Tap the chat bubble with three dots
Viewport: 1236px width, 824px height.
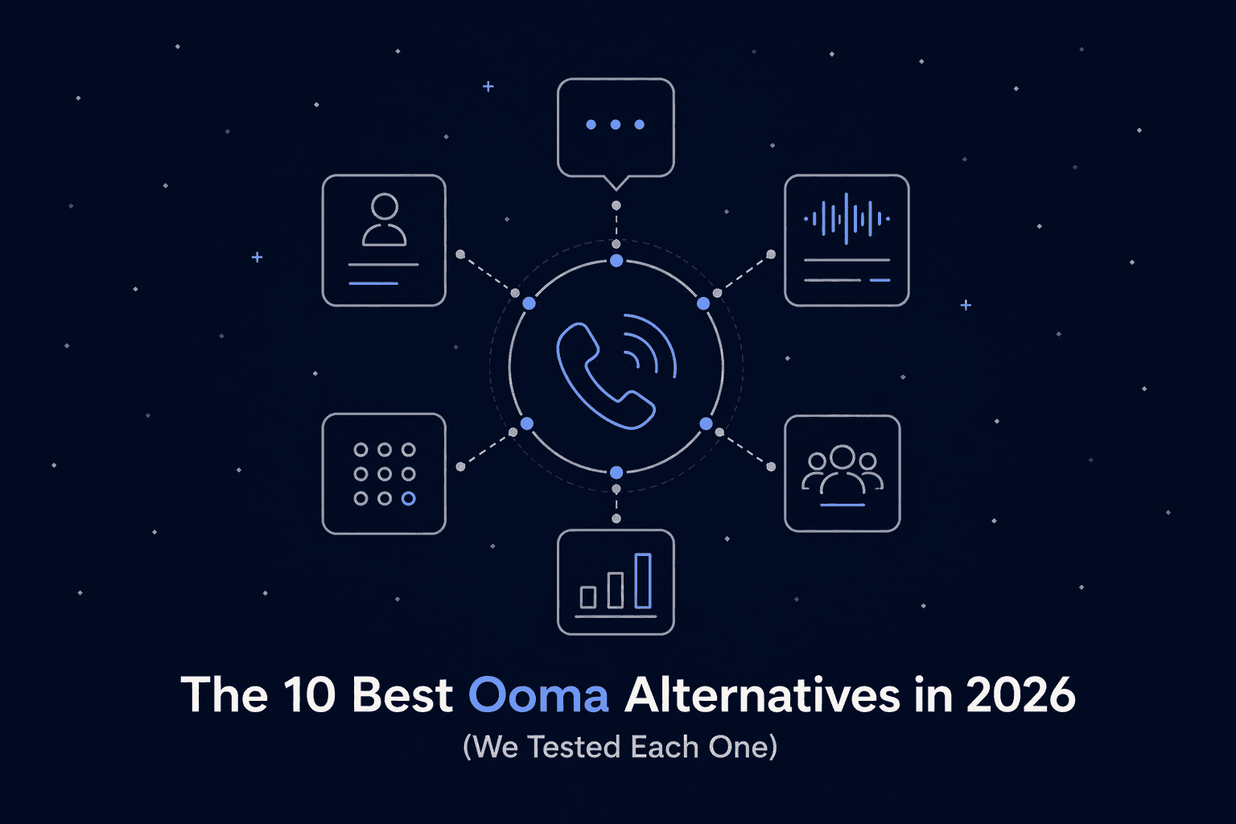[x=616, y=127]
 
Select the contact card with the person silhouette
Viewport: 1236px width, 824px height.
[x=384, y=241]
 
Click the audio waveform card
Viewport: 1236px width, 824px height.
[x=847, y=241]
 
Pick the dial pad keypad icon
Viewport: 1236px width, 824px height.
[x=384, y=474]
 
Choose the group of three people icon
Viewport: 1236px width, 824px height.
[x=842, y=473]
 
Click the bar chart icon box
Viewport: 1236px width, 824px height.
[x=616, y=582]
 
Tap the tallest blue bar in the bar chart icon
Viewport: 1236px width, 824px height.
[x=642, y=580]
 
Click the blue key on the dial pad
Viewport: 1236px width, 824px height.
[x=409, y=499]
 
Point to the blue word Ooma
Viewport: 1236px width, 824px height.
[x=538, y=695]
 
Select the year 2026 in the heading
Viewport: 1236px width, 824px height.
[x=1020, y=695]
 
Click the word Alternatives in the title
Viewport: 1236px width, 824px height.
[x=761, y=695]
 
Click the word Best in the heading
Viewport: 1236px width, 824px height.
[x=402, y=695]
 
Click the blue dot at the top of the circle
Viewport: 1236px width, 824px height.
[x=616, y=261]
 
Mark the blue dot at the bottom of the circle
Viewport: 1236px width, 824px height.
[x=616, y=472]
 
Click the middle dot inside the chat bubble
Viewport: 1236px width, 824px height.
[x=616, y=125]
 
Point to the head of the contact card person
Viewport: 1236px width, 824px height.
[x=385, y=207]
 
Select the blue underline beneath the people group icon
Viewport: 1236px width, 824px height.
[x=842, y=505]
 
